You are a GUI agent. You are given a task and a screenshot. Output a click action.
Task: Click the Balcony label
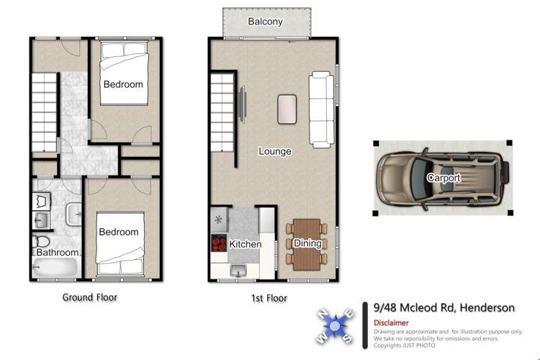pos(265,22)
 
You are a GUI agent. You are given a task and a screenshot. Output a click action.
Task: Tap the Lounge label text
pos(275,151)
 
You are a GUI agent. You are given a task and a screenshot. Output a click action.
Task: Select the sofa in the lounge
pos(321,109)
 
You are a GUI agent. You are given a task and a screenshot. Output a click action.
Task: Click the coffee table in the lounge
pos(288,108)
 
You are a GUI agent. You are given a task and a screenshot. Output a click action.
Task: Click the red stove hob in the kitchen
pos(218,243)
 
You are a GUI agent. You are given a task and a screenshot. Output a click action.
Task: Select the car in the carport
pos(441,177)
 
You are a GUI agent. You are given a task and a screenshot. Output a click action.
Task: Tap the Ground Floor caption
pos(90,297)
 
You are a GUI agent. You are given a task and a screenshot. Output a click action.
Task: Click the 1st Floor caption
pos(266,297)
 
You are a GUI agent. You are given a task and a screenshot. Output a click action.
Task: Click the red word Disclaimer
pos(391,323)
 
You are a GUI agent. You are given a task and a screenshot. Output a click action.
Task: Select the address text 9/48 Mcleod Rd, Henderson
pos(444,307)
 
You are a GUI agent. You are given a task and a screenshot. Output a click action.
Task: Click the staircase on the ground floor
pos(44,112)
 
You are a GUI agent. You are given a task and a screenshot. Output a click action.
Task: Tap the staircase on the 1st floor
pos(222,112)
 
